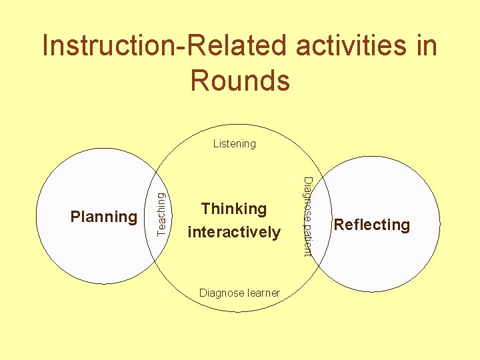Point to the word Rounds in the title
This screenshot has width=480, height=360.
point(240,80)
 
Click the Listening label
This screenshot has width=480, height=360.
point(234,143)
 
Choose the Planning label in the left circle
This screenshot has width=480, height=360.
point(104,217)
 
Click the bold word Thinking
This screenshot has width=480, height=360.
point(234,209)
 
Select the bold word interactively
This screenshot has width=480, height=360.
point(234,232)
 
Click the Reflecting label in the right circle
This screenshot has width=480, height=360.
point(372,225)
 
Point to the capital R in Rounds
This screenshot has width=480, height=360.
point(198,80)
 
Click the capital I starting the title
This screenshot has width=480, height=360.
point(45,47)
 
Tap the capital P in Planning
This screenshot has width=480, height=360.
point(75,217)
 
